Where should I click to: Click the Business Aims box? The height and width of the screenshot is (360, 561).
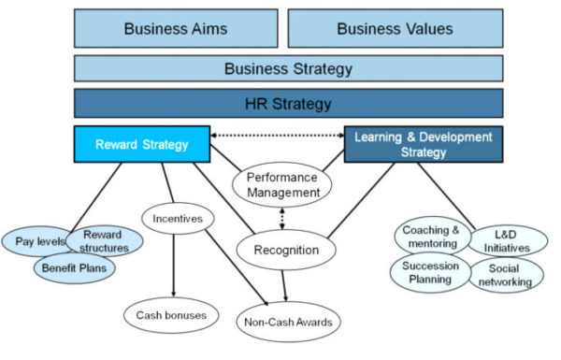175,28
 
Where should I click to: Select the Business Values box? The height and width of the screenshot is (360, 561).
395,28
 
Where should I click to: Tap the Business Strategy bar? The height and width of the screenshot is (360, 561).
288,68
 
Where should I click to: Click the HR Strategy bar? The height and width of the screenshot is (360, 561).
288,103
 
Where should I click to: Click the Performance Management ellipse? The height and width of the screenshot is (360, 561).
281,183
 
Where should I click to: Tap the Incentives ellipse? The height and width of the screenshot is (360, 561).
178,219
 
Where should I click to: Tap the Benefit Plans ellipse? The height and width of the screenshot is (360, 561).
76,268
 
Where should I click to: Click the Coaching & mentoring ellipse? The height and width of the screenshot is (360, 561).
431,238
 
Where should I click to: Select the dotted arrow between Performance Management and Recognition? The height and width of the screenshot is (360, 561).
281,216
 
